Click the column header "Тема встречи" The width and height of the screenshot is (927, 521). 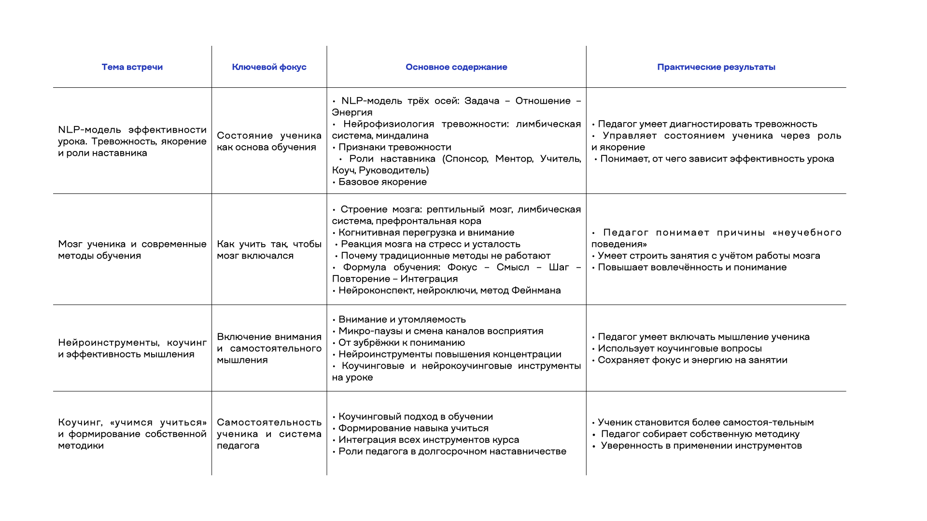click(132, 67)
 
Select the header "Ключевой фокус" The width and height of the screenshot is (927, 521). click(269, 67)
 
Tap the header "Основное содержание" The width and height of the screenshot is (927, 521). click(456, 67)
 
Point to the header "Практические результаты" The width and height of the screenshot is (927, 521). click(716, 67)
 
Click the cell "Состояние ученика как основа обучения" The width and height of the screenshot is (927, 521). click(269, 141)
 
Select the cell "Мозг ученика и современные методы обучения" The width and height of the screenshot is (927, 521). click(132, 250)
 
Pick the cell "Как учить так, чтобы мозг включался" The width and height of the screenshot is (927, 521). click(269, 250)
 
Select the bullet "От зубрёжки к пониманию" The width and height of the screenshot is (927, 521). click(401, 343)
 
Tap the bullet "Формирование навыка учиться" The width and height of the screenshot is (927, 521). click(413, 428)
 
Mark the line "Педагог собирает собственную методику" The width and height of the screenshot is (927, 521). click(700, 434)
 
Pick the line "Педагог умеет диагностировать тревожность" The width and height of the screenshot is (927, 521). click(707, 124)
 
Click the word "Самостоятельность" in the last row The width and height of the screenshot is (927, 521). click(269, 423)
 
